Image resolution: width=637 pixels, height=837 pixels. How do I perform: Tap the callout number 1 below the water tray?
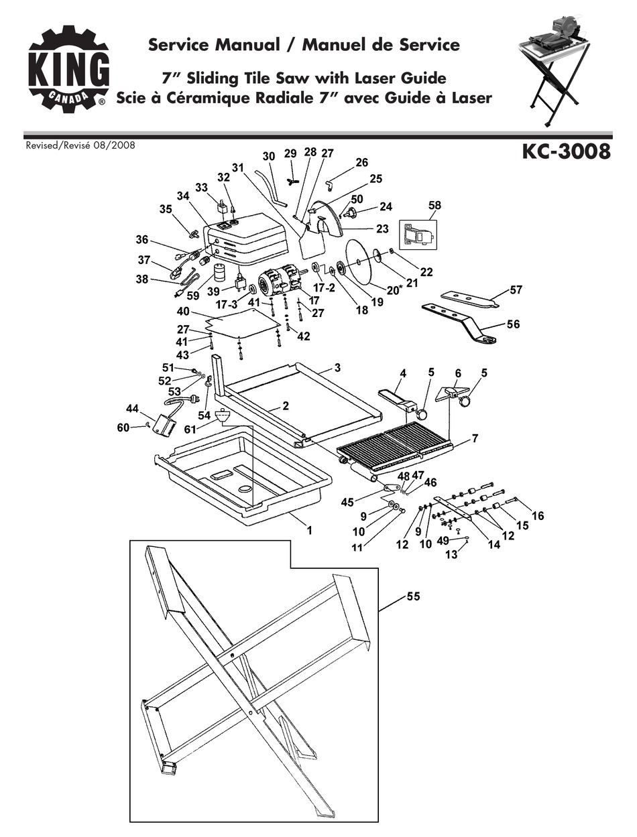[310, 530]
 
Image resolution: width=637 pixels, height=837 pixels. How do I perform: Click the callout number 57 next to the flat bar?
[515, 290]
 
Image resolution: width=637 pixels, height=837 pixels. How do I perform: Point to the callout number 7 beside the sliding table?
[474, 438]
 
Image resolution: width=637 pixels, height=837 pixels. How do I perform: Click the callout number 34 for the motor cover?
[184, 195]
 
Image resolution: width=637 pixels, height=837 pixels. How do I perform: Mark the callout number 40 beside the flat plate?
[184, 312]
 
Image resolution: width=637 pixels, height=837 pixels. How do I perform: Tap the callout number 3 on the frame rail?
[337, 367]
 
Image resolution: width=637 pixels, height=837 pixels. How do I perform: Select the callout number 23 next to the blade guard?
[382, 229]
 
